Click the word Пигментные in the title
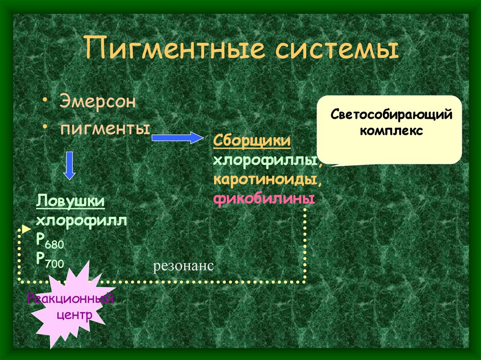171,50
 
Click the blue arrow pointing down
70,166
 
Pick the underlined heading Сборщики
251,141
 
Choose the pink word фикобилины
264,199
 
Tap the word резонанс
183,266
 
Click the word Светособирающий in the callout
391,115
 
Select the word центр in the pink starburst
74,314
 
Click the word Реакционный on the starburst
70,299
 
